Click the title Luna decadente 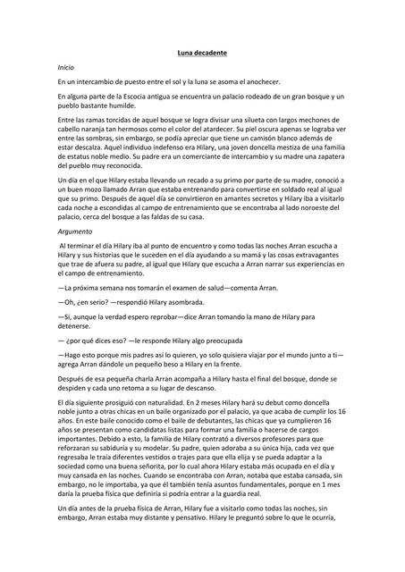[x=201, y=54]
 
